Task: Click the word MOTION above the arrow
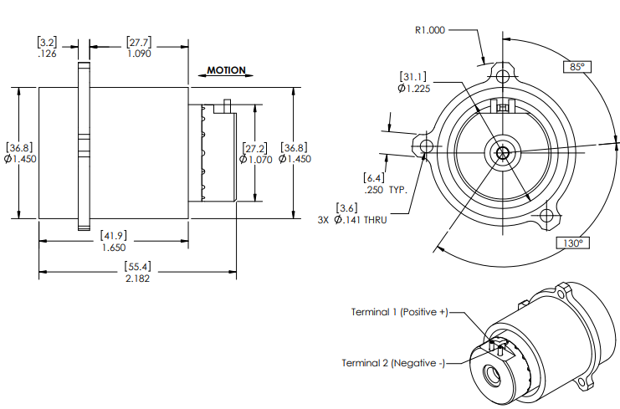226,70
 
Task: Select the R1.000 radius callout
430,30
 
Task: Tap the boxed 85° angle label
576,67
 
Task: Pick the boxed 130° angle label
572,243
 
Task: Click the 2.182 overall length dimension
137,279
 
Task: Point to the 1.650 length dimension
114,248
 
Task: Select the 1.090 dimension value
139,54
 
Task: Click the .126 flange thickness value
47,54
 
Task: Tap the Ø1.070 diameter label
256,160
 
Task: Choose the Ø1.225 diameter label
414,89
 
